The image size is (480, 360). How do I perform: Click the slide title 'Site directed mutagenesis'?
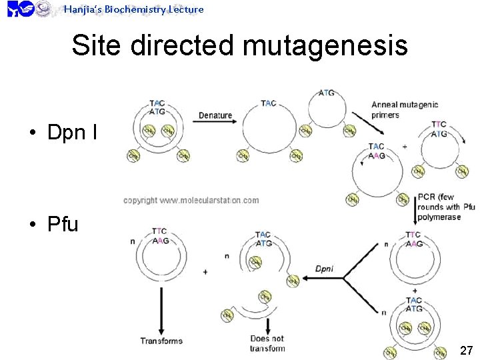click(x=239, y=46)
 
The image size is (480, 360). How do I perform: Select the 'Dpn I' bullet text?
click(x=72, y=133)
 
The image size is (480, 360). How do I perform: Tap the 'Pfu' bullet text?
click(x=63, y=224)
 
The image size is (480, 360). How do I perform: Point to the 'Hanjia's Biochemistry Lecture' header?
click(x=133, y=9)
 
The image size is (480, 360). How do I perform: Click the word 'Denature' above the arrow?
click(x=215, y=115)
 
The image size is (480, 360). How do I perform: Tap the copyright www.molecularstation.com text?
click(x=191, y=200)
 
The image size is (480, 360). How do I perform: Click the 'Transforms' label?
click(x=161, y=341)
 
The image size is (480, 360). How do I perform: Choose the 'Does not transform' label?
click(x=267, y=343)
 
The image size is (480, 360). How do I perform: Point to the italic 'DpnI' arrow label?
click(x=324, y=269)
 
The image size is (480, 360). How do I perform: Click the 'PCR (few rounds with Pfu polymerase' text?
click(x=445, y=207)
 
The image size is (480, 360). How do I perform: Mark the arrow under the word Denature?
click(x=215, y=123)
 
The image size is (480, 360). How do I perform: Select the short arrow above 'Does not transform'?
click(x=267, y=325)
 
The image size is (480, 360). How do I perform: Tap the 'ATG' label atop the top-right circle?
click(x=327, y=93)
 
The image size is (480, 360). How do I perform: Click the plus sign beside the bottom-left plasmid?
click(x=205, y=271)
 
